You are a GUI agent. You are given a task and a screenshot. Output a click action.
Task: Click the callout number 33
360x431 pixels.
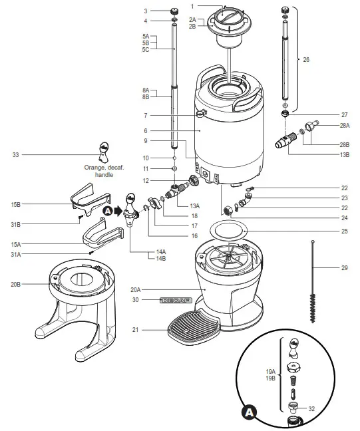point(15,155)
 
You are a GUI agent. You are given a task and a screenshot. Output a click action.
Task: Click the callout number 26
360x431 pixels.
point(306,60)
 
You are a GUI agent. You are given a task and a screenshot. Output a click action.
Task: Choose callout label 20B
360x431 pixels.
point(15,284)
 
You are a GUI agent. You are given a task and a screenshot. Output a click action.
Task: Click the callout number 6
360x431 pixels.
point(146,130)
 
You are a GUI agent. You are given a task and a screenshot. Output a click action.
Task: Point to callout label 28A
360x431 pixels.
point(344,125)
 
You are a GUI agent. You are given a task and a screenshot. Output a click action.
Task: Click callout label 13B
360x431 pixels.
point(344,154)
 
